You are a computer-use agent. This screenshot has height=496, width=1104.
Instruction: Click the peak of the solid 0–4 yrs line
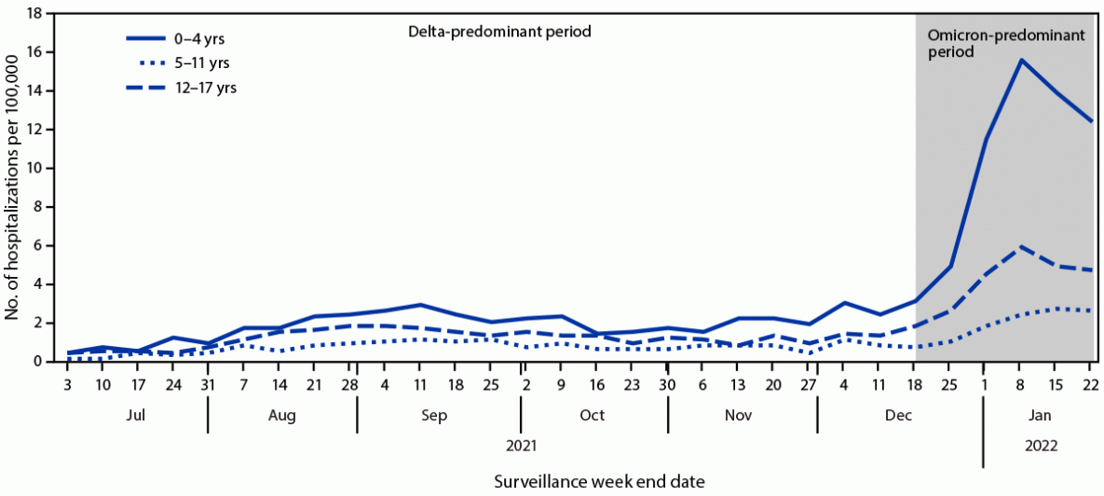[1021, 61]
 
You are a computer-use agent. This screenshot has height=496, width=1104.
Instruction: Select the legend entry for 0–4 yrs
[176, 39]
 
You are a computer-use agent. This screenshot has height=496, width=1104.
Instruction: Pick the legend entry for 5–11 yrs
[178, 63]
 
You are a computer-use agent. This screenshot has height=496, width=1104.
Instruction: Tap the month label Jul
[136, 415]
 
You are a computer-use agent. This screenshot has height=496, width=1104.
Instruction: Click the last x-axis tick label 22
[1091, 384]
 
